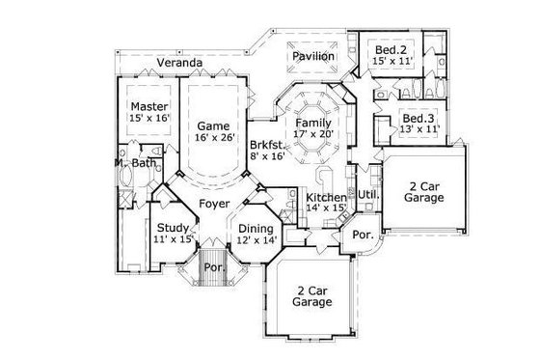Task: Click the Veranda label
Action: [x=180, y=63]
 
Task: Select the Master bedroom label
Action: [x=150, y=105]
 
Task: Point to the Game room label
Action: [x=212, y=125]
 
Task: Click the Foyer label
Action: [x=213, y=204]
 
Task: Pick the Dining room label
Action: [x=256, y=228]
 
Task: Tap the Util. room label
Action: [x=368, y=194]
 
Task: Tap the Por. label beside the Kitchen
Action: [x=363, y=235]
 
